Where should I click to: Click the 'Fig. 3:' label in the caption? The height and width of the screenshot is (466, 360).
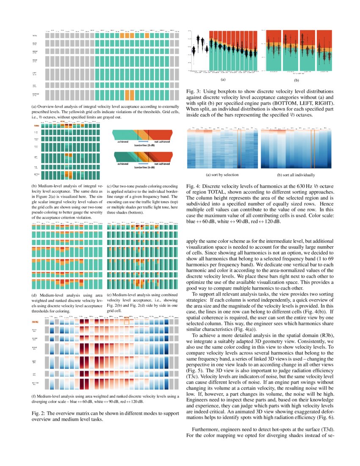click(193, 91)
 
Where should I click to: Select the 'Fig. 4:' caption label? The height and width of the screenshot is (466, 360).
click(193, 186)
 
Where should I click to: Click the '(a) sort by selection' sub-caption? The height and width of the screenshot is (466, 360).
click(222, 175)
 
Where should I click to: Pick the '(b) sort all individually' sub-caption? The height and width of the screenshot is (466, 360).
click(296, 175)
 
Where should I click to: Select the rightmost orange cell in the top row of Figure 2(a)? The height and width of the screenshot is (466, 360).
click(147, 36)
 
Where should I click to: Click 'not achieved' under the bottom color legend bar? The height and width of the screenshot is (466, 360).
click(162, 163)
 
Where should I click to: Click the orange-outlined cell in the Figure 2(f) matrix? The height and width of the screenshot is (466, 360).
click(127, 322)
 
